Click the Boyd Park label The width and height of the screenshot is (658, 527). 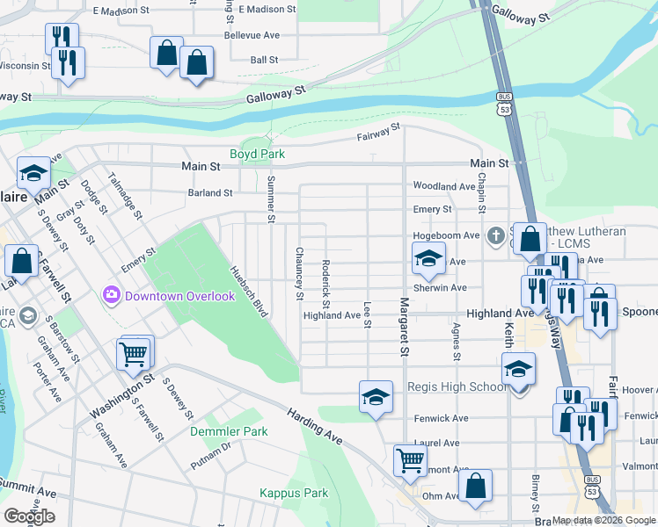pyautogui.click(x=257, y=154)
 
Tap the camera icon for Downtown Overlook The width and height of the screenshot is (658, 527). pyautogui.click(x=112, y=294)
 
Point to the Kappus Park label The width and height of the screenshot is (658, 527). pyautogui.click(x=293, y=493)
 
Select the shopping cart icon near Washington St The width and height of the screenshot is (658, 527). pyautogui.click(x=133, y=354)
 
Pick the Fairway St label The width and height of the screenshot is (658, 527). pyautogui.click(x=378, y=132)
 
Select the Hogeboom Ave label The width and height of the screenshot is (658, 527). pyautogui.click(x=446, y=235)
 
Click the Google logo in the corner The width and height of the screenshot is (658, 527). pyautogui.click(x=29, y=516)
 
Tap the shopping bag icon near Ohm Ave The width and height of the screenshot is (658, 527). pyautogui.click(x=475, y=486)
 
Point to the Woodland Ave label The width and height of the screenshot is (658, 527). pyautogui.click(x=444, y=186)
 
